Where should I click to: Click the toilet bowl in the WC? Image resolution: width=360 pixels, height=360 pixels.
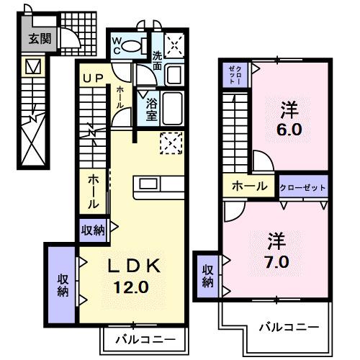132,45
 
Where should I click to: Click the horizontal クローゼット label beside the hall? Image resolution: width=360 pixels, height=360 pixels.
303,186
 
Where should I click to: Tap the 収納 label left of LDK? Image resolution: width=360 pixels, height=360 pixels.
62,285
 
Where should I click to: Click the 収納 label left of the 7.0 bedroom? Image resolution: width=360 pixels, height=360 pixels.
207,276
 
